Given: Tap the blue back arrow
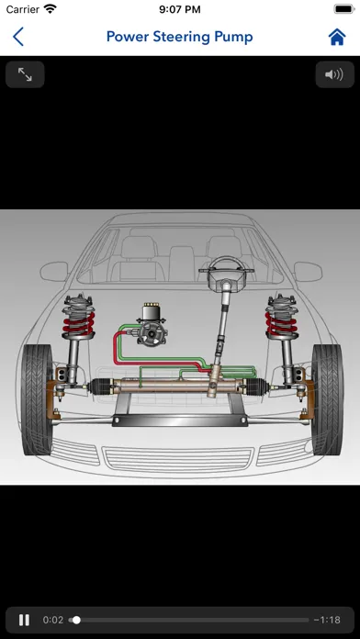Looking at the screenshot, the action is (18, 37).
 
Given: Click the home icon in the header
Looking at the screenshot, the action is (337, 37).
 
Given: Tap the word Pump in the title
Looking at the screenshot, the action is (234, 37).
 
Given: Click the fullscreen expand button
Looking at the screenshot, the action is (25, 74).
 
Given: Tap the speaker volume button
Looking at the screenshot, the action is (334, 74).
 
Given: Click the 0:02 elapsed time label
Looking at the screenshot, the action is (53, 620).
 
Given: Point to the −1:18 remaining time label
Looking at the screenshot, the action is (327, 620).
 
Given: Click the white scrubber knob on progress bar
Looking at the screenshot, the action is (76, 620).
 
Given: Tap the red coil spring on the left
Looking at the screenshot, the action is (79, 323).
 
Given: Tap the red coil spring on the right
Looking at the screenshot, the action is (281, 323).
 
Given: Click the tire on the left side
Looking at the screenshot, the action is (37, 399).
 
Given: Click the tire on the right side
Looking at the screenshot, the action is (327, 399).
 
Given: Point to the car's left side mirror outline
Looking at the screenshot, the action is (54, 272).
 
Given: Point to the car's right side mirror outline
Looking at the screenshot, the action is (308, 272).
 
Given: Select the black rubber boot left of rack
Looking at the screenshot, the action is (101, 387).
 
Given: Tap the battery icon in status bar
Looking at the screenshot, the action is (344, 9).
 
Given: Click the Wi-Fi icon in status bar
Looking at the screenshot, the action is (51, 9).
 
